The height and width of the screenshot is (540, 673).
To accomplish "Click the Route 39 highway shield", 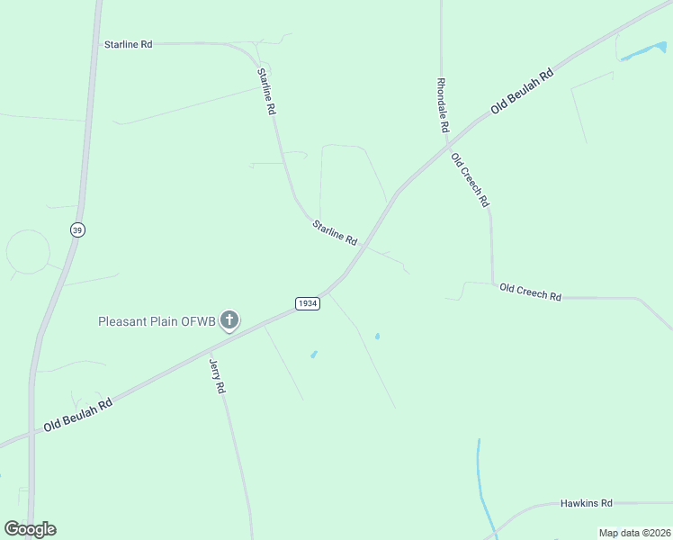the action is pos(76,230).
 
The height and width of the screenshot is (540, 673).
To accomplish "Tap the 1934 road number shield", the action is pos(308,303).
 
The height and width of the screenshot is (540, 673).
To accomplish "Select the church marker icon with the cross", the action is pos(229,319).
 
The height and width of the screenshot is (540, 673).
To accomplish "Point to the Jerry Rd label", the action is pos(216,376).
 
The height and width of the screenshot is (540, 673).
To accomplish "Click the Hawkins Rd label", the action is pos(586,503).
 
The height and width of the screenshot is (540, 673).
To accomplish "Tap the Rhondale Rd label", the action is pos(442,105).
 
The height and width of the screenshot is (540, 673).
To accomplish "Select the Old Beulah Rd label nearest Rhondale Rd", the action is pos(521,92).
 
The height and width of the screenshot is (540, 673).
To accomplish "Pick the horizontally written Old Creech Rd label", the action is pos(530,291).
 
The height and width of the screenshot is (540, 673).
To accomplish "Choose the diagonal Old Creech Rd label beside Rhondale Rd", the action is pos(470,178).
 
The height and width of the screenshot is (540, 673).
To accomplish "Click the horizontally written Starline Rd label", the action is pos(128,44).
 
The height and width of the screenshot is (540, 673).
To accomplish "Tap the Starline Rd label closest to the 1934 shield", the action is pos(335,233).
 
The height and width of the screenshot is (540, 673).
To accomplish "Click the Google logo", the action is pos(30,529).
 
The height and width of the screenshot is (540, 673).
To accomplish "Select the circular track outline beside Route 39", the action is pos(28,252).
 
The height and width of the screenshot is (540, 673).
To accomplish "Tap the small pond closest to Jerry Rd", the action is pos(313,355).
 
